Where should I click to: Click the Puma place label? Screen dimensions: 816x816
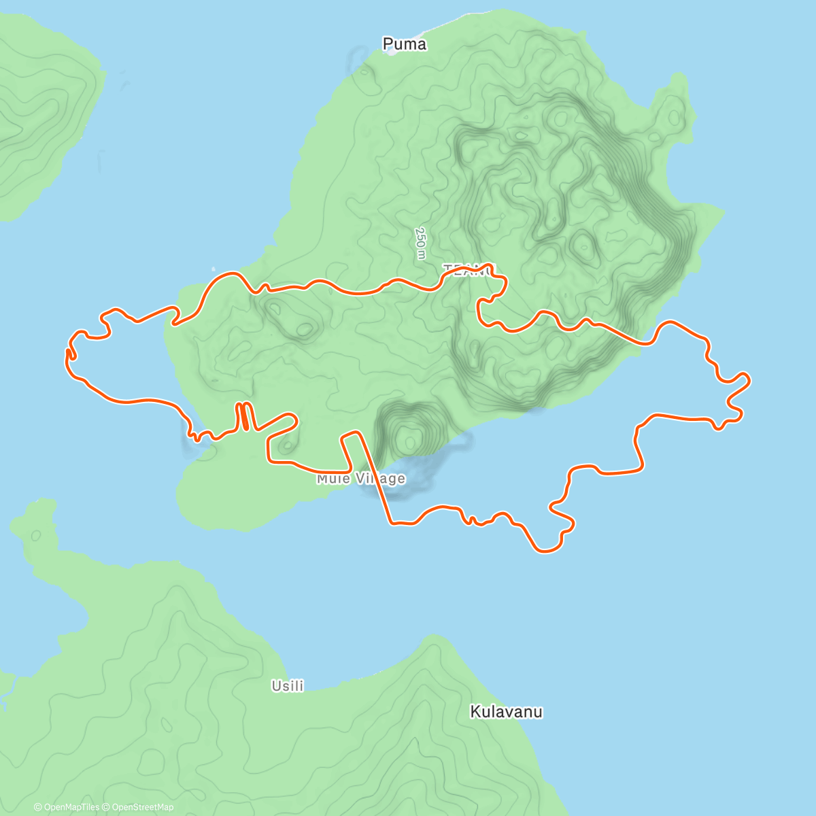pos(405,44)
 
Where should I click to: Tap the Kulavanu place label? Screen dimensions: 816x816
pos(507,712)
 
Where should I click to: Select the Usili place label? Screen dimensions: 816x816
pos(288,686)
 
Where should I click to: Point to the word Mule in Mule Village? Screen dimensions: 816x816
pos(333,479)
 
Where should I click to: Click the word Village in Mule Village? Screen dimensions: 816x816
pos(381,479)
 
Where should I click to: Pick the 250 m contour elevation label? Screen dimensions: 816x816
pos(421,243)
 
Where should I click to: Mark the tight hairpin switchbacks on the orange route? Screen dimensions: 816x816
pos(244,416)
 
